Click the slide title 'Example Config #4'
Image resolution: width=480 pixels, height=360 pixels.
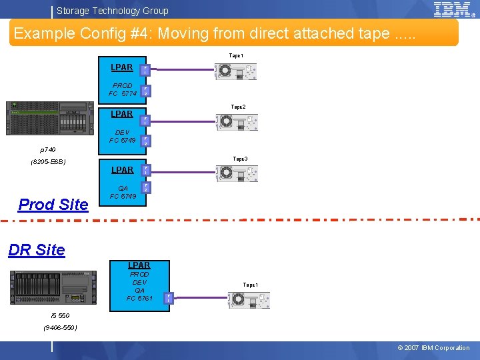click(x=214, y=33)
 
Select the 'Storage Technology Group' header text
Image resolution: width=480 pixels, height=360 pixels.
click(x=113, y=11)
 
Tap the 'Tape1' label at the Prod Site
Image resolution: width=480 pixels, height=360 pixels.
click(x=236, y=56)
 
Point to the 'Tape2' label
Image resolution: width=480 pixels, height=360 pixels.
click(x=238, y=107)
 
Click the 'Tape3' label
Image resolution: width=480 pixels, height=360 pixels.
click(x=240, y=159)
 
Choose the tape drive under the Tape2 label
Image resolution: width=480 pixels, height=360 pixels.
click(x=236, y=122)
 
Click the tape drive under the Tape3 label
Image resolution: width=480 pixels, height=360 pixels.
click(x=236, y=174)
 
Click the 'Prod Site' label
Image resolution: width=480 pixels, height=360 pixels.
click(x=53, y=205)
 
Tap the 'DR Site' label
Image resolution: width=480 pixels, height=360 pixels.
click(x=37, y=250)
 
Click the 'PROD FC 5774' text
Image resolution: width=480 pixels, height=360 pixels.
click(x=123, y=90)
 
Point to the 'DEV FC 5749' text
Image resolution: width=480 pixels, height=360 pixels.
click(x=123, y=137)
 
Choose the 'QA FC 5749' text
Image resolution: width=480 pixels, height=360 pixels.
click(x=123, y=192)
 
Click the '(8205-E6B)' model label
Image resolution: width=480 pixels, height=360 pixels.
click(x=48, y=162)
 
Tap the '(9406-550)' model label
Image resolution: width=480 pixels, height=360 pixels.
click(x=60, y=327)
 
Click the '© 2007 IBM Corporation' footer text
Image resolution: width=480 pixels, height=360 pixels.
click(x=433, y=348)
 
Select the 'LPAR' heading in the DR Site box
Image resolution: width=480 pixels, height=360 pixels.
click(x=139, y=265)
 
